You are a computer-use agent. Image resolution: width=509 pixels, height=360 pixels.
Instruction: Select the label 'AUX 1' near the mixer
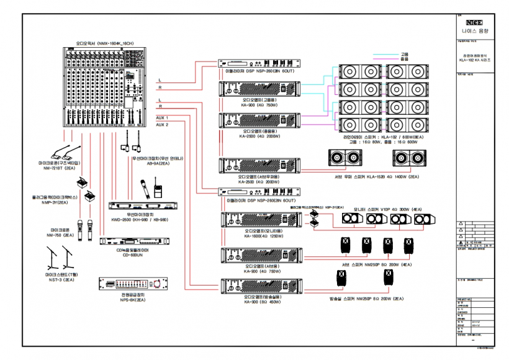pyautogui.click(x=162, y=117)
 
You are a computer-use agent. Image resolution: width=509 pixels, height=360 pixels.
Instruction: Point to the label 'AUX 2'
pyautogui.click(x=162, y=124)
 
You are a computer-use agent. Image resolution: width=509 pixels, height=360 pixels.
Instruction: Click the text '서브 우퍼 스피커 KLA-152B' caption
pyautogui.click(x=360, y=177)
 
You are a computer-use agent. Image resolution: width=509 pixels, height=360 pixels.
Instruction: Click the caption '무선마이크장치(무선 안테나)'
pyautogui.click(x=156, y=159)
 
